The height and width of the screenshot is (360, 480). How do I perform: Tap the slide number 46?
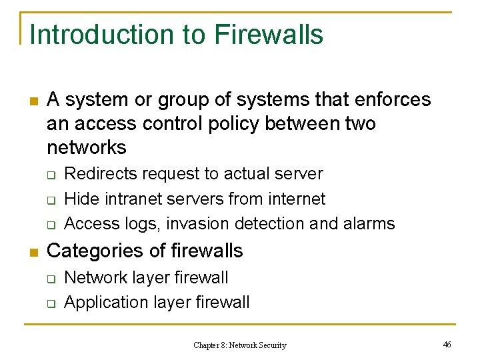point(447,344)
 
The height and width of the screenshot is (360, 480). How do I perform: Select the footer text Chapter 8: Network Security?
point(239,345)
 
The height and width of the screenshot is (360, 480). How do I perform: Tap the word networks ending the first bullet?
point(87,147)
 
